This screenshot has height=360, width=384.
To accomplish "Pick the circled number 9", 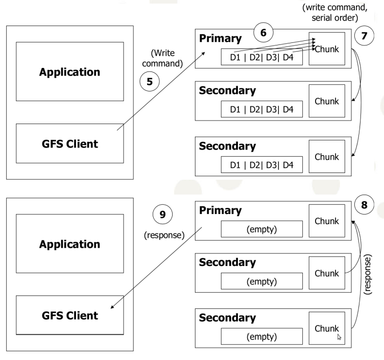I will [162, 214].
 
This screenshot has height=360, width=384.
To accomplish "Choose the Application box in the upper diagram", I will [69, 71].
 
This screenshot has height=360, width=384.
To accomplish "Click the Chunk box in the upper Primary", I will [327, 49].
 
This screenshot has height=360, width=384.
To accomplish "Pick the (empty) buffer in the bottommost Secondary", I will [261, 337].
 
